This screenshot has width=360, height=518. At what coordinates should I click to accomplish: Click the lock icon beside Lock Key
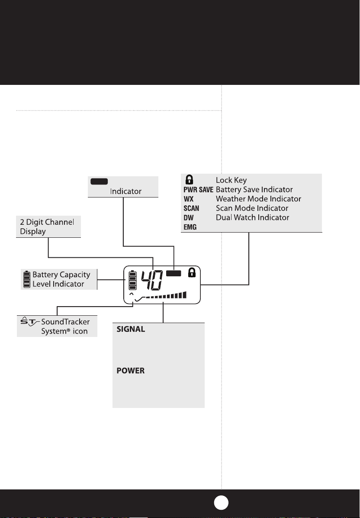(189, 180)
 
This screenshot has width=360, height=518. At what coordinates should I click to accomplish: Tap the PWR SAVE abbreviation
(198, 190)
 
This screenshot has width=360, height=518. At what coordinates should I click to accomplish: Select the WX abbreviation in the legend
(188, 199)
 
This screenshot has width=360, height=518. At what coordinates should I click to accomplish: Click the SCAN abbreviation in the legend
(191, 208)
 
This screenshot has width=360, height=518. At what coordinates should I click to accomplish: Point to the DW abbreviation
(188, 218)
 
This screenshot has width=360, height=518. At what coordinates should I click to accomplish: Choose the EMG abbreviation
(190, 227)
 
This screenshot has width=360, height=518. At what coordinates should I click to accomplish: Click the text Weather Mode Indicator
(258, 199)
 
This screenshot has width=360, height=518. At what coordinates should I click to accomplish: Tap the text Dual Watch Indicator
(252, 217)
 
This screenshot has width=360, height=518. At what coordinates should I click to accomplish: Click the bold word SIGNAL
(131, 329)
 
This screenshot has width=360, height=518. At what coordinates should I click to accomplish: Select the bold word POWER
(130, 371)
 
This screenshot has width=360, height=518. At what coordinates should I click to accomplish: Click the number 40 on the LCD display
(152, 280)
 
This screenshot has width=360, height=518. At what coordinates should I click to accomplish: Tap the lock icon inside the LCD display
(192, 273)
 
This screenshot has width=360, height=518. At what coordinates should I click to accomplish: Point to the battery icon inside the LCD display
(132, 280)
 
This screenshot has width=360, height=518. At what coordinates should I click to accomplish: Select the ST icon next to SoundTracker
(30, 321)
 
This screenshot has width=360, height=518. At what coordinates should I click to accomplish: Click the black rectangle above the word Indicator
(99, 181)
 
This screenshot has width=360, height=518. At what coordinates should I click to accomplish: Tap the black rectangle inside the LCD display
(174, 273)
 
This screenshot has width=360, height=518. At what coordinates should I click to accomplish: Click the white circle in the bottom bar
(221, 503)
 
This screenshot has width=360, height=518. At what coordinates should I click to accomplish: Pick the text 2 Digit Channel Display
(47, 227)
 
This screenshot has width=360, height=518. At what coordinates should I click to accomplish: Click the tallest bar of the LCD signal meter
(185, 295)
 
